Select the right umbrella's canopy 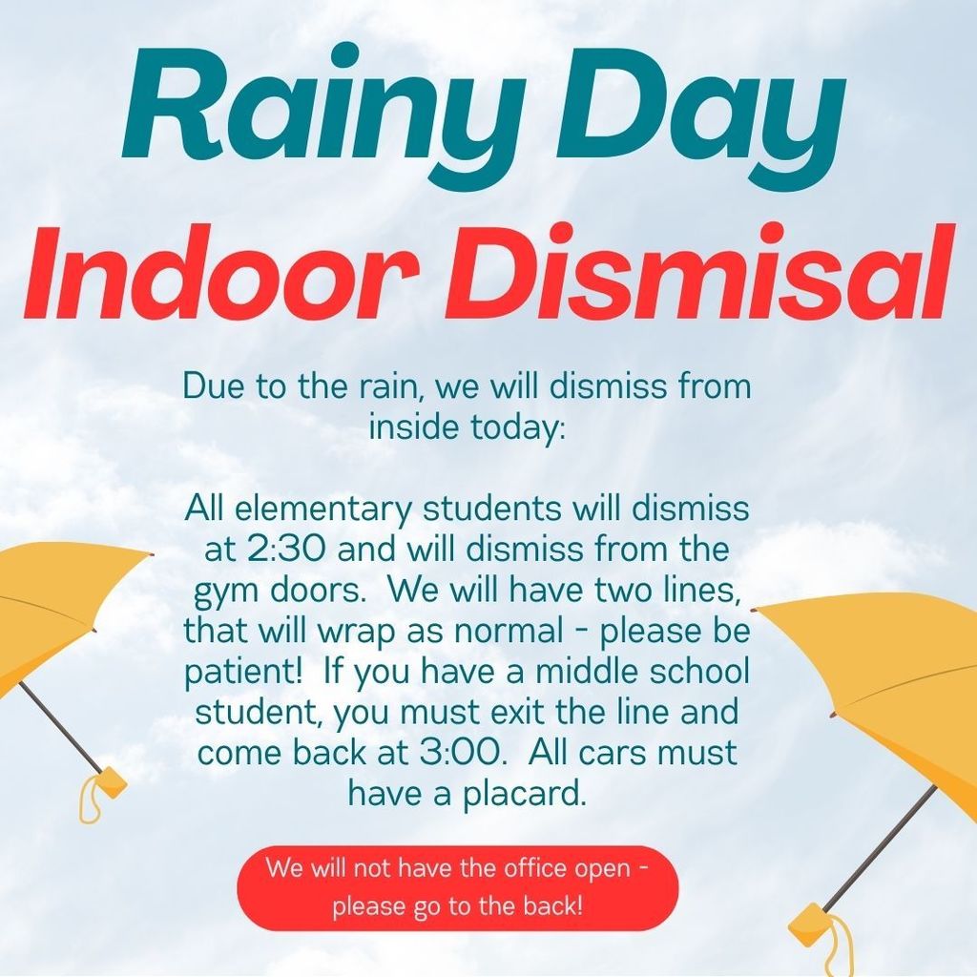pos(887,668)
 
